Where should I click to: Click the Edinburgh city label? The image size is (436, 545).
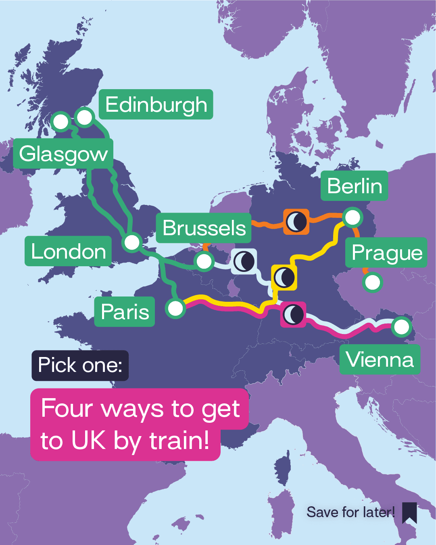tap(156, 104)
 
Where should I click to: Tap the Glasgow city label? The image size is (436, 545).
tap(63, 154)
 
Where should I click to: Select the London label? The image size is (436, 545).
tap(68, 251)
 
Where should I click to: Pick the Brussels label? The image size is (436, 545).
tap(204, 228)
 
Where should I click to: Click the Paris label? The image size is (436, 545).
tap(125, 312)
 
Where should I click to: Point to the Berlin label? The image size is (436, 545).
tap(354, 186)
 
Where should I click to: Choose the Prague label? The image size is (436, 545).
tap(386, 253)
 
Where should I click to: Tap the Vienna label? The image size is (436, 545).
tap(380, 359)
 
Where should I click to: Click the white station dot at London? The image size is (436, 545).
tap(132, 242)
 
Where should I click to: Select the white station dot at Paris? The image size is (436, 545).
tap(175, 309)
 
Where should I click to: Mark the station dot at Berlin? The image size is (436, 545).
tap(353, 217)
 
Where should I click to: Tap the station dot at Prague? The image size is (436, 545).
tap(372, 282)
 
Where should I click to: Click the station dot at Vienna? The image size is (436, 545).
tap(401, 327)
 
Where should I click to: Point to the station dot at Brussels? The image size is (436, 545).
tap(204, 261)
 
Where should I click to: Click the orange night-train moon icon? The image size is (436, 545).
tap(296, 221)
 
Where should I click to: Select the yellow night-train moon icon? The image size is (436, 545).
tap(284, 277)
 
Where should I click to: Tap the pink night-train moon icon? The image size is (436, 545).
tap(293, 314)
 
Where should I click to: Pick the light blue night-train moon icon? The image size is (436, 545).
tap(244, 261)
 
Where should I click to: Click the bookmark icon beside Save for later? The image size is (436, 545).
tap(409, 513)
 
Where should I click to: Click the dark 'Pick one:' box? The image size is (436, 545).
tap(80, 365)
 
